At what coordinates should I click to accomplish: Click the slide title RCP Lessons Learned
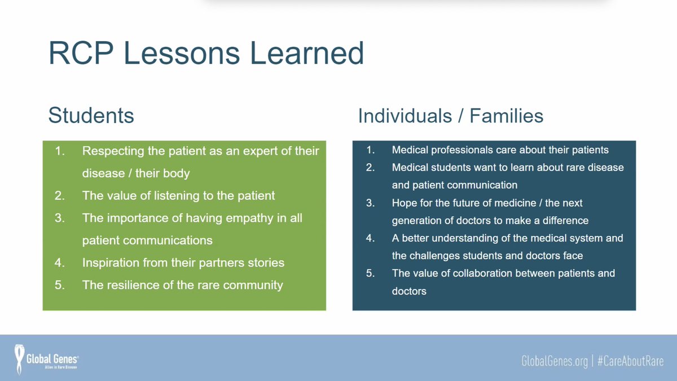pyautogui.click(x=206, y=53)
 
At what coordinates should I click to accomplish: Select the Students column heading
pyautogui.click(x=91, y=115)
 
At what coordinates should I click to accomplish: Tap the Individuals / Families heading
pyautogui.click(x=451, y=116)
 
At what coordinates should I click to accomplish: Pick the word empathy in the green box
pyautogui.click(x=227, y=218)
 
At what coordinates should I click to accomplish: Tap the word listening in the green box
pyautogui.click(x=168, y=196)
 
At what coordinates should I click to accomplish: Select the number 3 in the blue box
pyautogui.click(x=370, y=203)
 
